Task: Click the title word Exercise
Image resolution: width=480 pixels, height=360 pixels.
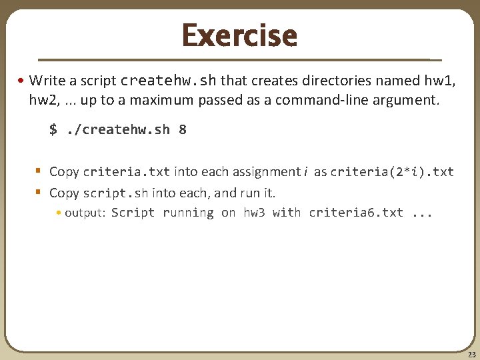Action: click(x=239, y=35)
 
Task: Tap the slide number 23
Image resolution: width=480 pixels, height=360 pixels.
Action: click(x=472, y=355)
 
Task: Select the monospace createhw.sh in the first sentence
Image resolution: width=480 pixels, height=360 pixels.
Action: click(x=168, y=81)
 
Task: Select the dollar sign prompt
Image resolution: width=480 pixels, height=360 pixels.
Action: click(x=53, y=130)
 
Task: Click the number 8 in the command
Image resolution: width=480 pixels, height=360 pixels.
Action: click(x=182, y=130)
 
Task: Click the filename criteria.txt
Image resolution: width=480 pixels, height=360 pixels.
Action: click(x=127, y=172)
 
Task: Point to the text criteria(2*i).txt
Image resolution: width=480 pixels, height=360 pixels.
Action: click(x=392, y=172)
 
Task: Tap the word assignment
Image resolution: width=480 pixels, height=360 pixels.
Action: click(x=265, y=172)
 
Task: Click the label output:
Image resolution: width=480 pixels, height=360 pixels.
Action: click(x=85, y=213)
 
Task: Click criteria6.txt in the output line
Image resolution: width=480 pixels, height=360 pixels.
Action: click(x=356, y=213)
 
